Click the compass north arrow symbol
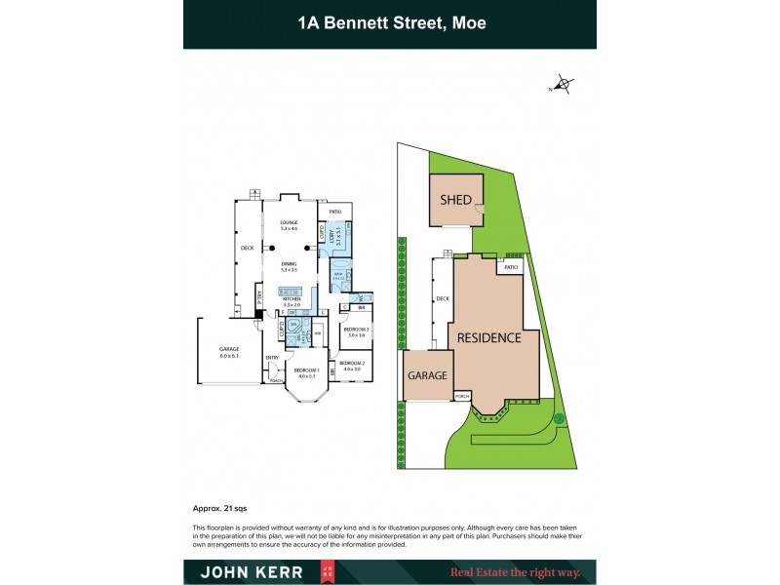pos(562,86)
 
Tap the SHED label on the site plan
pos(456,200)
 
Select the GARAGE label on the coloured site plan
pos(427,375)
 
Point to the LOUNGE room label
pos(289,223)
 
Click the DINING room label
pos(289,264)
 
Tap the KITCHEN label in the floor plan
pos(292,300)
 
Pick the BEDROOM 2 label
pos(351,364)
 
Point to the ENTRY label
pos(271,358)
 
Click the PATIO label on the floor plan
pos(334,212)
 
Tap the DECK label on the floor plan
pos(247,249)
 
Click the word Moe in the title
pos(465,22)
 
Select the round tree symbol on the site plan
pos(559,418)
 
